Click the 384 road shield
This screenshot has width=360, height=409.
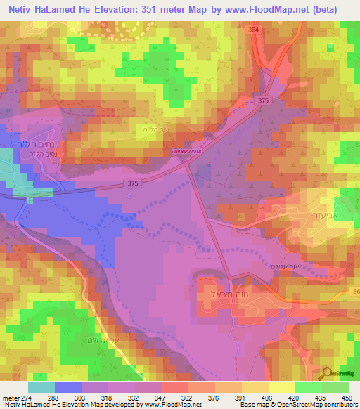254,31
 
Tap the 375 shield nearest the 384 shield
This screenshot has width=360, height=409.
264,100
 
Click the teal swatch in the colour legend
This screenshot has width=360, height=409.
41,387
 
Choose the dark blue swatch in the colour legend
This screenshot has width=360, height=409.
67,387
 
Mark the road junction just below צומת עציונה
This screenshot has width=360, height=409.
187,166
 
